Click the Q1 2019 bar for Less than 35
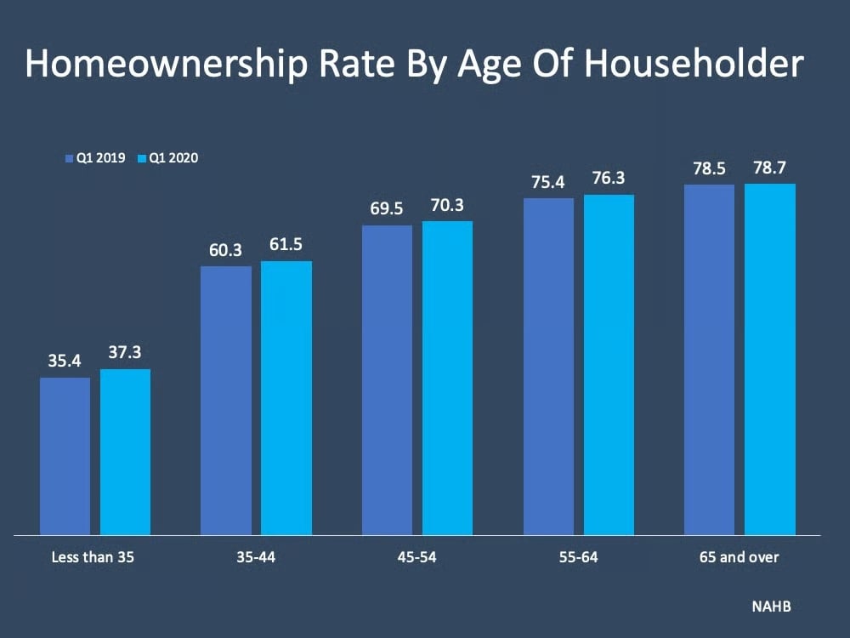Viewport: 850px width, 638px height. pyautogui.click(x=65, y=456)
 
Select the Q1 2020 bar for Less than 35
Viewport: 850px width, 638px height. pyautogui.click(x=125, y=452)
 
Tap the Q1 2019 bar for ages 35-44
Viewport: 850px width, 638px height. pyautogui.click(x=226, y=401)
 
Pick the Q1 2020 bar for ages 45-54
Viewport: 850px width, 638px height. pyautogui.click(x=447, y=378)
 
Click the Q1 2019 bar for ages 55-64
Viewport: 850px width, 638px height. pyautogui.click(x=548, y=367)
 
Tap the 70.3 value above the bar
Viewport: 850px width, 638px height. pyautogui.click(x=447, y=206)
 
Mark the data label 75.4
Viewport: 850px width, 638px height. pyautogui.click(x=548, y=182)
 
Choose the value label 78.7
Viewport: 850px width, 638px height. pyautogui.click(x=770, y=168)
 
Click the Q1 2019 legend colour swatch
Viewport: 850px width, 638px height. pyautogui.click(x=70, y=158)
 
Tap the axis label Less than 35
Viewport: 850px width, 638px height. pyautogui.click(x=93, y=558)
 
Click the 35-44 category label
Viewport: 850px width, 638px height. pyautogui.click(x=256, y=558)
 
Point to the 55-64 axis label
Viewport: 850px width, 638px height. pyautogui.click(x=578, y=558)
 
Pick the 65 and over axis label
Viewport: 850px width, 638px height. pyautogui.click(x=739, y=558)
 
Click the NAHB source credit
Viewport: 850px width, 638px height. pyautogui.click(x=770, y=607)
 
